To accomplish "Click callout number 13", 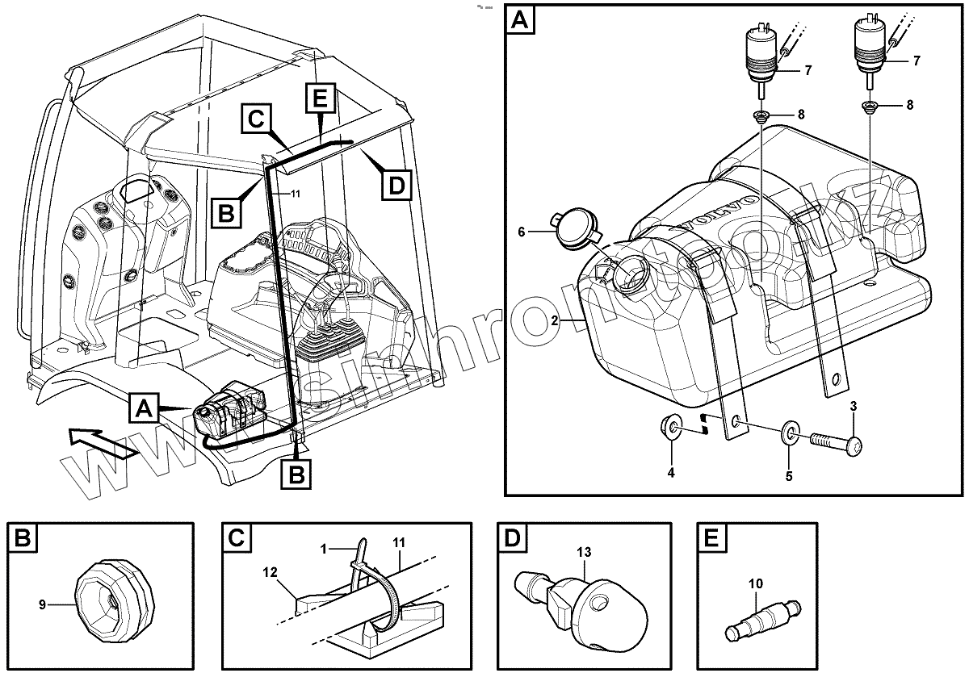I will (584, 552).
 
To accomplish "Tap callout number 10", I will (755, 583).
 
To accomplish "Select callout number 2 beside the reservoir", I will (555, 320).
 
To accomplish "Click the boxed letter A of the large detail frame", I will (519, 20).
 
